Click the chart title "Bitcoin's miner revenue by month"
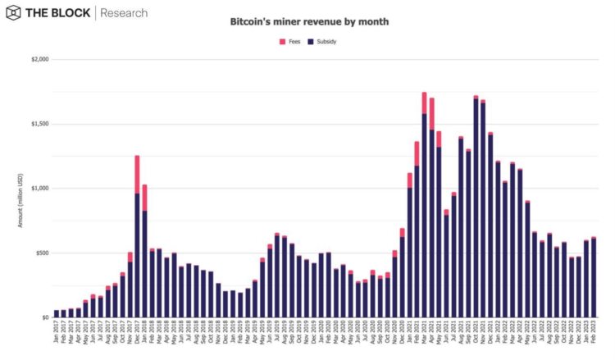point(309,23)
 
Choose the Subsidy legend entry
point(321,40)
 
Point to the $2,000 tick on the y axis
point(39,60)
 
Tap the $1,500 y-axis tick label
point(39,124)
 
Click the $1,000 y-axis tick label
point(39,189)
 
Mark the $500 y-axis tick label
point(42,253)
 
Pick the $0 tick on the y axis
point(46,317)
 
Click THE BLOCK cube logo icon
point(15,13)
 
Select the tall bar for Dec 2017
point(138,246)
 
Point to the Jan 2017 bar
point(57,313)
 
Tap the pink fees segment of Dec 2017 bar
point(138,174)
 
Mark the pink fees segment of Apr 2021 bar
point(431,113)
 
